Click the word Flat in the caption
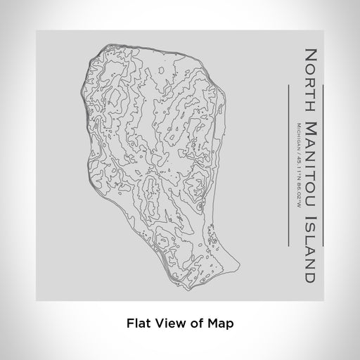[x=139, y=324]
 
